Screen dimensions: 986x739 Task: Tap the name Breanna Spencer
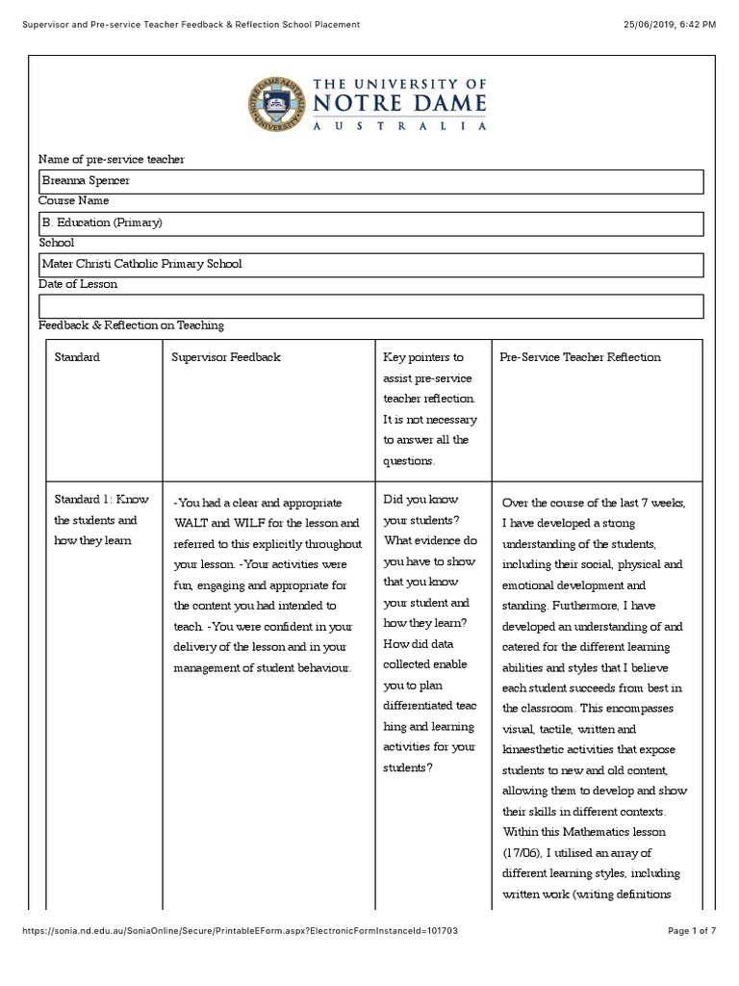86,180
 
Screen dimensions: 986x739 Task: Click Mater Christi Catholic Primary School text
141,264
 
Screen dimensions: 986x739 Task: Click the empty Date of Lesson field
370,306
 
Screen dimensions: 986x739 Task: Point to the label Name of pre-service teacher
111,159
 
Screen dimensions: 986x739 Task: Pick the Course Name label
73,200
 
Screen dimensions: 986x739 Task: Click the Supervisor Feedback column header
226,357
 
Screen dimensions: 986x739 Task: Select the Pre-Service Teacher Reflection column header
580,357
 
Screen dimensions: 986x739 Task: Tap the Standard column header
77,357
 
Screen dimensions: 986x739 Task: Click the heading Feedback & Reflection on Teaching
131,325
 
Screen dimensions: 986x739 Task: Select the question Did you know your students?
421,510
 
